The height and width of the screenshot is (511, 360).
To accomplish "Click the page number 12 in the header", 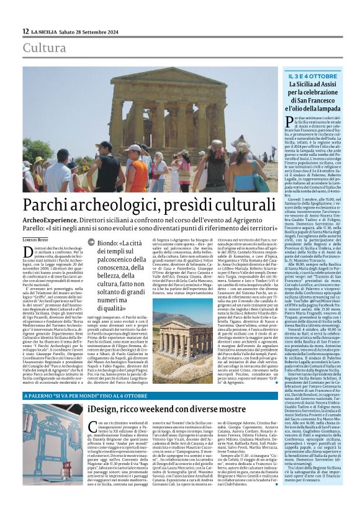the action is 25,31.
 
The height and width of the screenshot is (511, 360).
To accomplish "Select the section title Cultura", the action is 44,48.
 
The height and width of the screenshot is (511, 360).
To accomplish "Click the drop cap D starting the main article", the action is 27,251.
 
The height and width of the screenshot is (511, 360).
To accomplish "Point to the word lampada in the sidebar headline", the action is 330,108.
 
